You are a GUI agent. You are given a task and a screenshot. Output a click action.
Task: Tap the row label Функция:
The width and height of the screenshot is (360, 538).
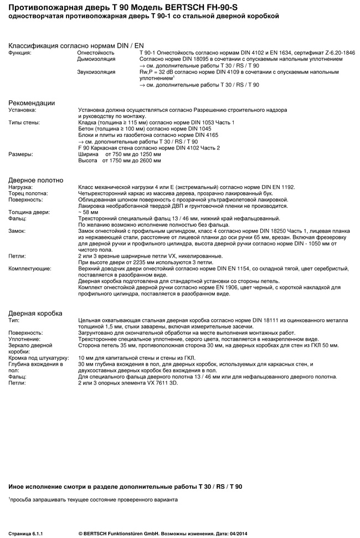pyautogui.click(x=20, y=52)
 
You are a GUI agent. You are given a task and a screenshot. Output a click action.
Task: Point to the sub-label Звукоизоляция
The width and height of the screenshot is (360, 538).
pyautogui.click(x=96, y=72)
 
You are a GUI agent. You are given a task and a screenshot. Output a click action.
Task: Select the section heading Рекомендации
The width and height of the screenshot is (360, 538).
pyautogui.click(x=32, y=103)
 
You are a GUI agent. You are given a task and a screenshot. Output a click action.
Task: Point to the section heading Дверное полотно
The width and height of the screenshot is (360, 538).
pyautogui.click(x=35, y=180)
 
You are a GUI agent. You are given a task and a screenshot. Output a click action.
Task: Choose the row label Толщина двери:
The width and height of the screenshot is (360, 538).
pyautogui.click(x=29, y=212)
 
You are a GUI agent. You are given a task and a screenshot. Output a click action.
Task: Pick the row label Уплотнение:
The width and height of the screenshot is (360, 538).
pyautogui.click(x=24, y=339)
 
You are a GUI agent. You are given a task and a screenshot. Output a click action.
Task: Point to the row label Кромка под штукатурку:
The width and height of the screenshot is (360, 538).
pyautogui.click(x=38, y=357)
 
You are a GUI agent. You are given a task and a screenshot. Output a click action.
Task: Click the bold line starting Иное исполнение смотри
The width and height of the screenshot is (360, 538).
pyautogui.click(x=125, y=486)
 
